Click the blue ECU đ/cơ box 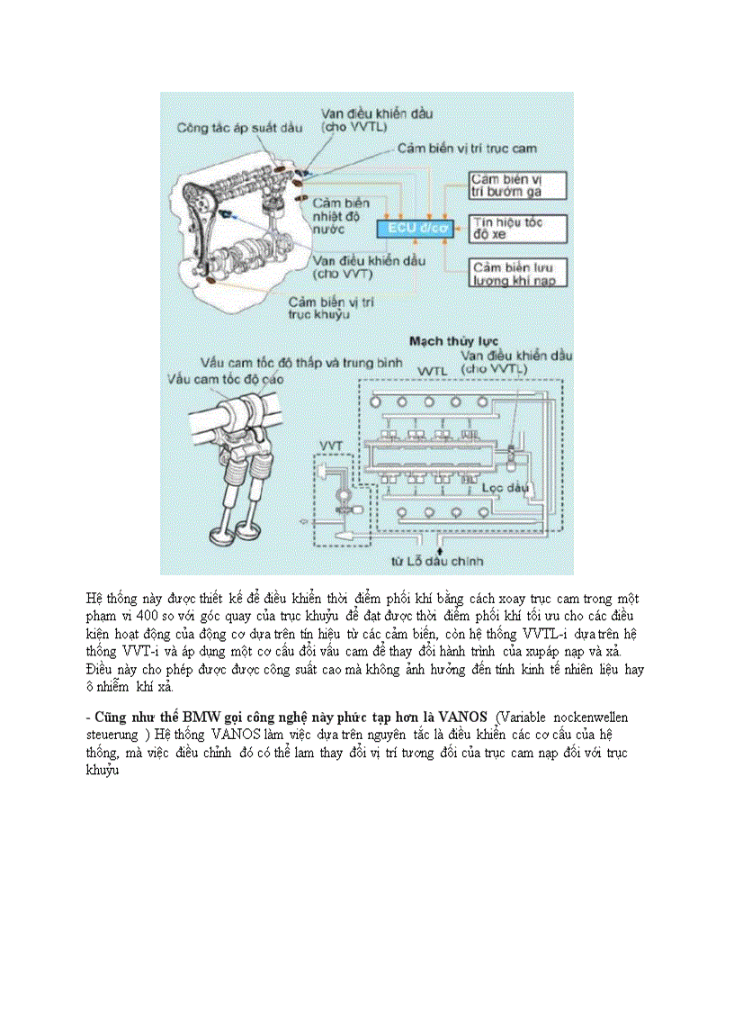click(417, 230)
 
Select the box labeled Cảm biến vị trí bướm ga click(517, 185)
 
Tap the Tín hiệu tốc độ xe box click(518, 228)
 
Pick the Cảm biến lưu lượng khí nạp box click(518, 274)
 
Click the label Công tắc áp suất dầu click(239, 128)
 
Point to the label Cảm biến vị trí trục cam click(468, 148)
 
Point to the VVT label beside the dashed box click(330, 446)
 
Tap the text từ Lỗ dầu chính click(437, 561)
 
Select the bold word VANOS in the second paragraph click(463, 717)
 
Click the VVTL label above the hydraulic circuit click(434, 371)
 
